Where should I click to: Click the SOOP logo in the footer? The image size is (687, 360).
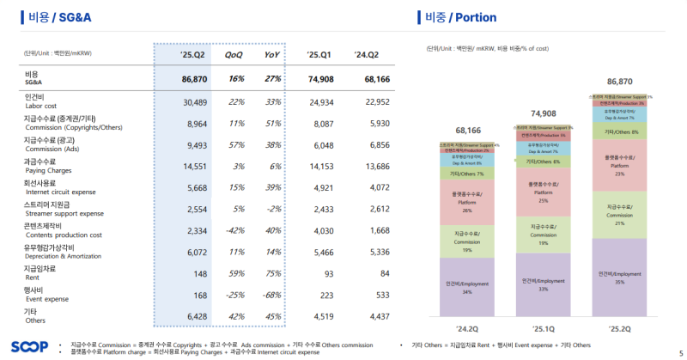pyautogui.click(x=29, y=346)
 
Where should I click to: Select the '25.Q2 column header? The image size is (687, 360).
pyautogui.click(x=191, y=54)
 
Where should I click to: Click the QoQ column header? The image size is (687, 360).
pyautogui.click(x=234, y=54)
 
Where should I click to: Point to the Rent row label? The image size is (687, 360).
pyautogui.click(x=40, y=274)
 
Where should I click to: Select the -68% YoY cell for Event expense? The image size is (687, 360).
pyautogui.click(x=272, y=296)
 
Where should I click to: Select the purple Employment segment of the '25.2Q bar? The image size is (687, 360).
pyautogui.click(x=619, y=275)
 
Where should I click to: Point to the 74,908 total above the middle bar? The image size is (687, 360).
pyautogui.click(x=543, y=113)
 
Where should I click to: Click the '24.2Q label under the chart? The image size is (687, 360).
pyautogui.click(x=466, y=328)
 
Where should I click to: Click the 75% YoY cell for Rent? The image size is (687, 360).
pyautogui.click(x=272, y=274)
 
